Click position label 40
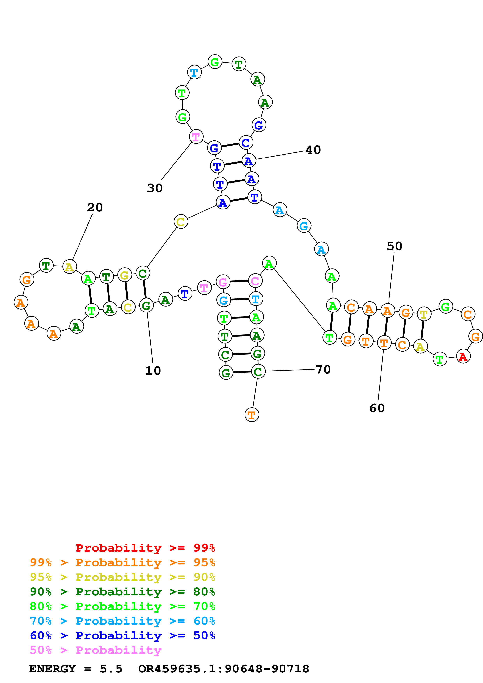point(313,150)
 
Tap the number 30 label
point(155,188)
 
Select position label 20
point(95,207)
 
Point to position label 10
point(153,371)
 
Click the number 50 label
point(394,246)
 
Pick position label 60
point(377,408)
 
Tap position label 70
point(323,370)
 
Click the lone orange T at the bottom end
point(252,415)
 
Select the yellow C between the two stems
point(181,222)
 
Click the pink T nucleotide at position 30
point(196,137)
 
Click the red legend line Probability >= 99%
point(145,548)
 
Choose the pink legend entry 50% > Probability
point(95,650)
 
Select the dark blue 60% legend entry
point(122,635)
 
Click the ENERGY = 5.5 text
point(76,669)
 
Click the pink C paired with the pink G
point(255,281)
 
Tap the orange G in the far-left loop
point(27,279)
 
